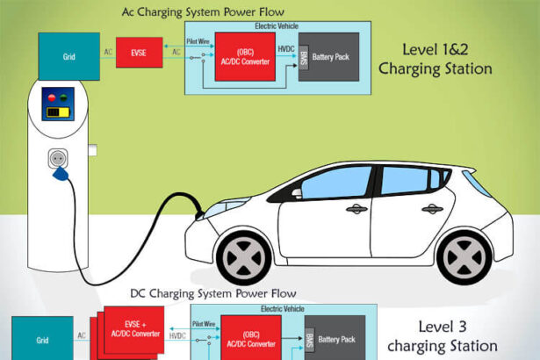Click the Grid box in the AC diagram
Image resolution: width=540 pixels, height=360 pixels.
(69, 54)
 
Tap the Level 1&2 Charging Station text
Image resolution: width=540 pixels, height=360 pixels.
(445, 58)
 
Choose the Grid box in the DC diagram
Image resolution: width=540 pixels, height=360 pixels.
(42, 339)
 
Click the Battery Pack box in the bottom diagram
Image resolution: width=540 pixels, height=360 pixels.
(335, 338)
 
